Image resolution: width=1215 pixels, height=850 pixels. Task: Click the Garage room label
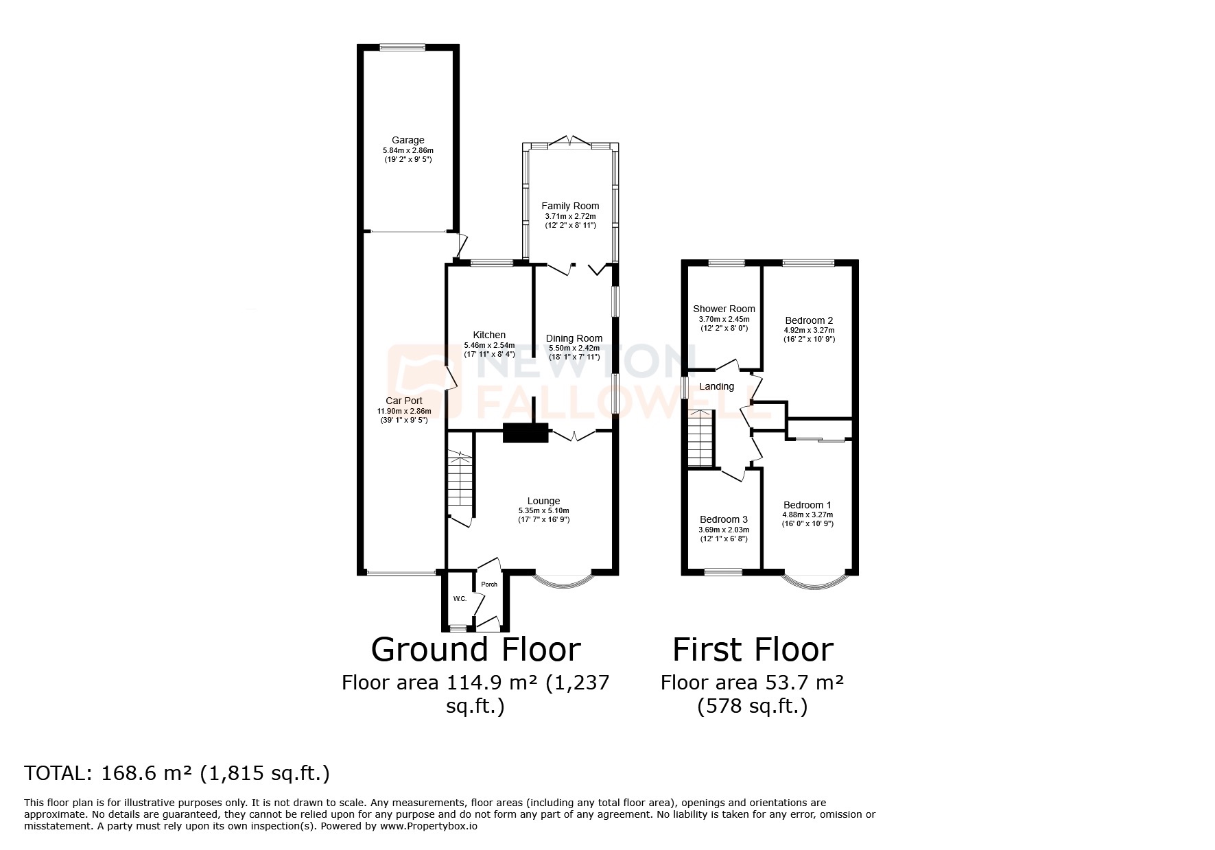408,140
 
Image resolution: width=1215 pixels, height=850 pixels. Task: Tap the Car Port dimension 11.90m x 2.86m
404,411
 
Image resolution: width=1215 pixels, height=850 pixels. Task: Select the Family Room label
570,206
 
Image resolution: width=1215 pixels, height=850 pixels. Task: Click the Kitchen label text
489,335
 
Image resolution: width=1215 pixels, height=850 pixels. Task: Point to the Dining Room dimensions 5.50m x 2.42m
574,348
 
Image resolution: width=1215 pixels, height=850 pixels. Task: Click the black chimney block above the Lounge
526,433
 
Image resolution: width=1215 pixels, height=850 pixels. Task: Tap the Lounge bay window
563,580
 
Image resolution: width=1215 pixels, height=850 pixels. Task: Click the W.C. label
460,599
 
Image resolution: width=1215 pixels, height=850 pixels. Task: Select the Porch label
489,585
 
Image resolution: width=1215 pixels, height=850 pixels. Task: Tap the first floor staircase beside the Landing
702,439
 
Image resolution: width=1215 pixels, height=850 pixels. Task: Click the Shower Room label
724,309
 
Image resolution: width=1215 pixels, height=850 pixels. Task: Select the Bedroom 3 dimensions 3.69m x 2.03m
724,530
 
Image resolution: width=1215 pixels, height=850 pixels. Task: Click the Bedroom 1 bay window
813,582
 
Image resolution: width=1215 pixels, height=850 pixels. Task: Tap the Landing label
716,386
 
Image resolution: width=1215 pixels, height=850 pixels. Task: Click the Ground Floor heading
475,649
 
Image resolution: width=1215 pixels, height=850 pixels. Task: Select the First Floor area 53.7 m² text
752,683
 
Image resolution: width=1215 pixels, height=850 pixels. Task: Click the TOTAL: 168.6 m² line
177,774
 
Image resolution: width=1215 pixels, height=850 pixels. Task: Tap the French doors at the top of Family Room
570,142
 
